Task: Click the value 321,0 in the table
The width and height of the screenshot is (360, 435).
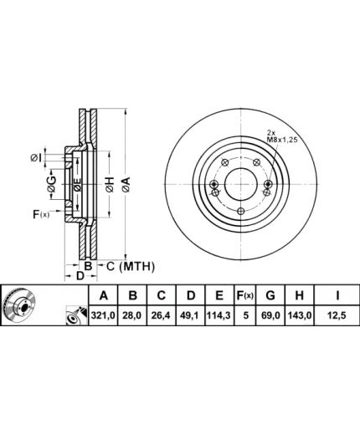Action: [x=103, y=315]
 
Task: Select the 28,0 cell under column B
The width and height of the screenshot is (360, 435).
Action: [x=132, y=315]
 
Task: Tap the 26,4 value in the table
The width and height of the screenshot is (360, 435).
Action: [x=162, y=315]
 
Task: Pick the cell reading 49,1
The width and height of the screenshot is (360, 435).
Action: [x=190, y=315]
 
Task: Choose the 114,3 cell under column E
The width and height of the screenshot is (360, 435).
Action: [x=219, y=315]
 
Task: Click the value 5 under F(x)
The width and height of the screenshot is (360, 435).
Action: [x=245, y=315]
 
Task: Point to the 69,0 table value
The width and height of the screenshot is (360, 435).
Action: [x=270, y=315]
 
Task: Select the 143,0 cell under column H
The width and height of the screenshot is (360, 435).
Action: [x=300, y=315]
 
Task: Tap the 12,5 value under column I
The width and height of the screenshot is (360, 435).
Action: [x=337, y=315]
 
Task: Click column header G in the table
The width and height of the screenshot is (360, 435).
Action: [x=270, y=295]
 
